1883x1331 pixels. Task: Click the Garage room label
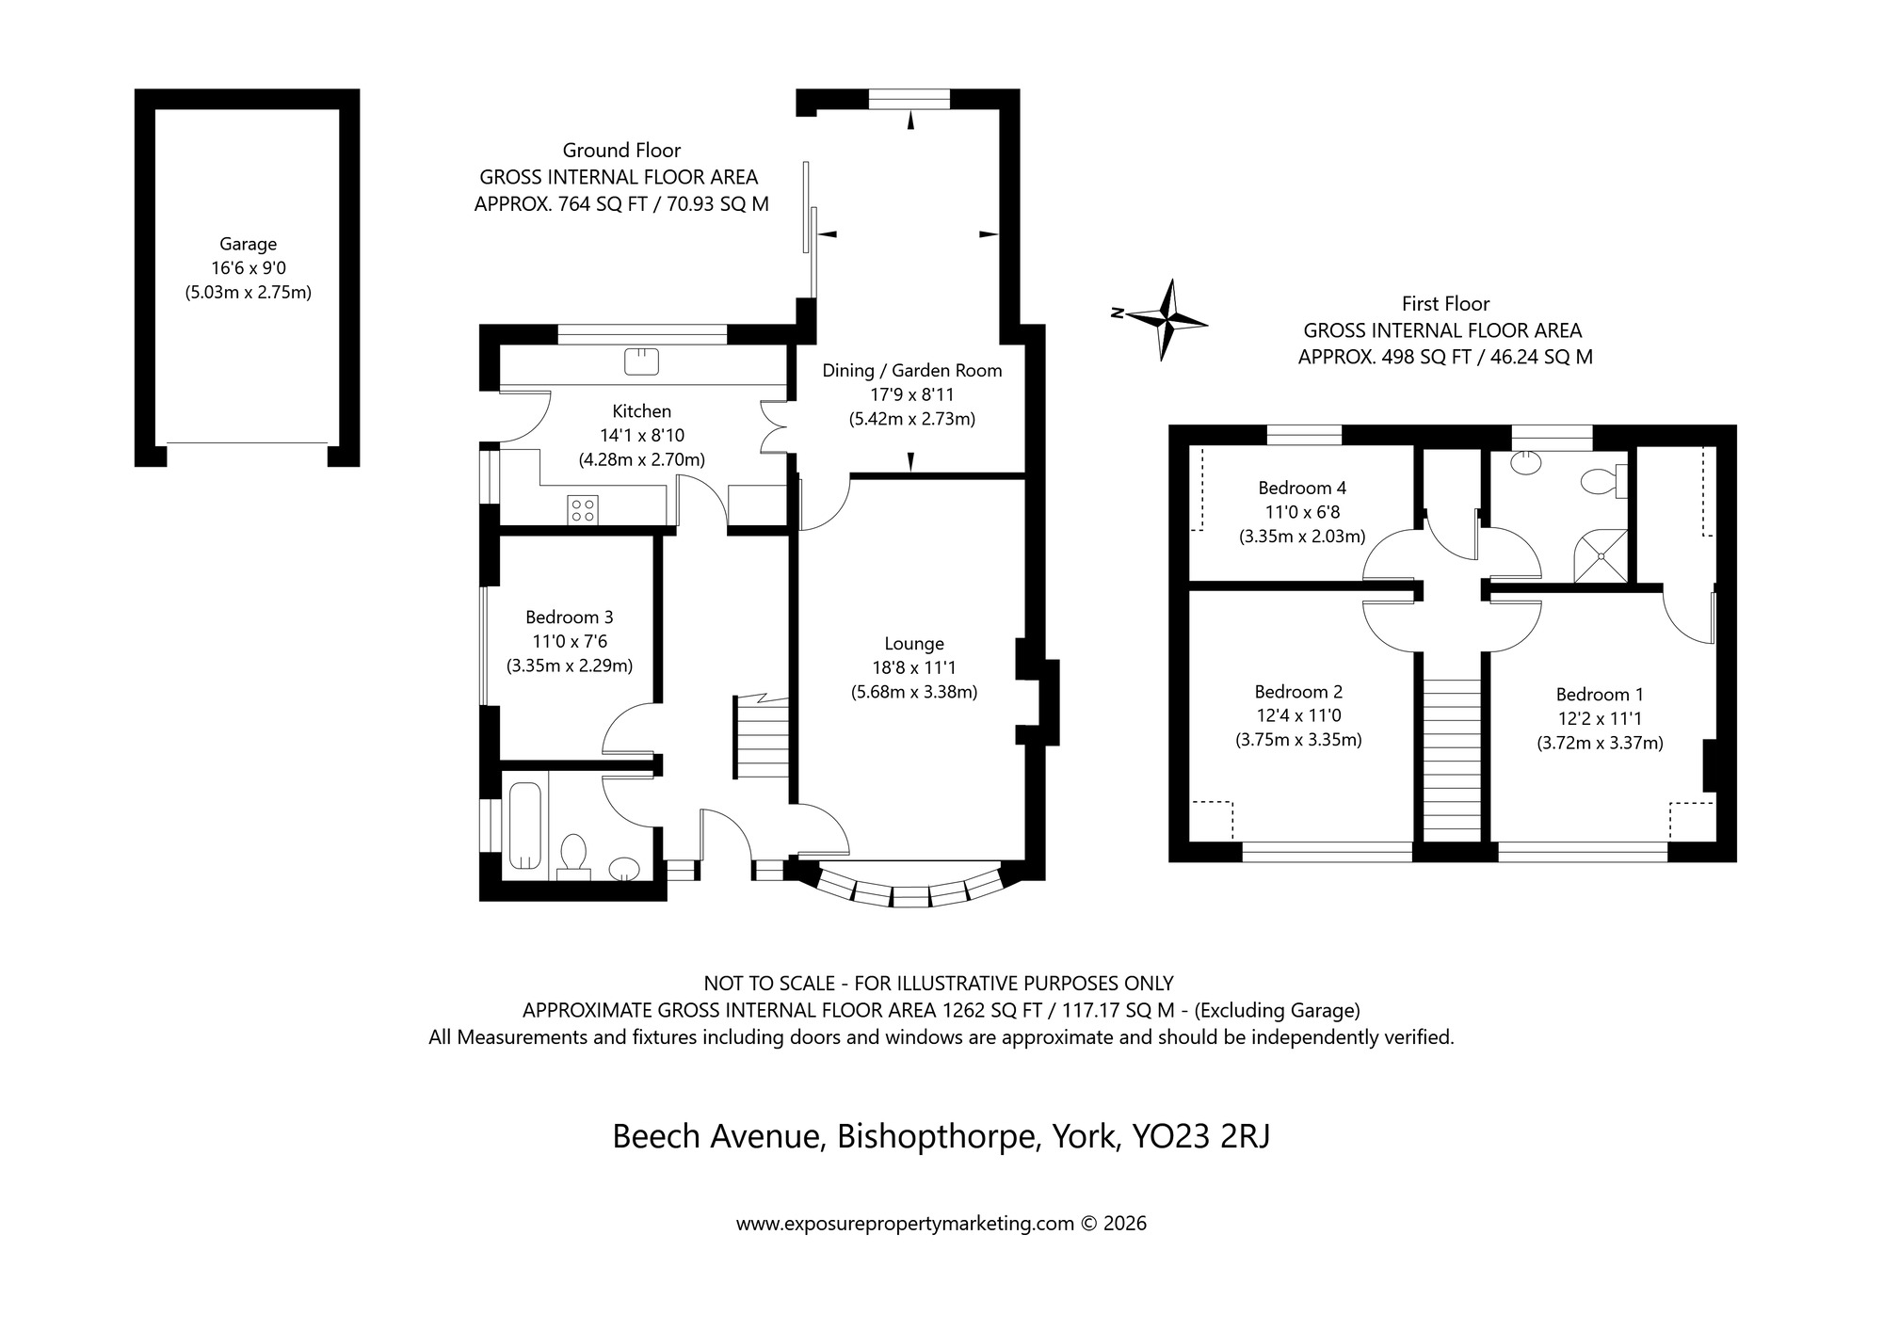pyautogui.click(x=249, y=245)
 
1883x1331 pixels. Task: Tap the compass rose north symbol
pyautogui.click(x=1167, y=320)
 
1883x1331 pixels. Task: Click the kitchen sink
pyautogui.click(x=641, y=360)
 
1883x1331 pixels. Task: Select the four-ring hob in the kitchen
pyautogui.click(x=582, y=509)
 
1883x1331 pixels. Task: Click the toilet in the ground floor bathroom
pyautogui.click(x=572, y=855)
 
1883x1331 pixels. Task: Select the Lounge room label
pyautogui.click(x=913, y=644)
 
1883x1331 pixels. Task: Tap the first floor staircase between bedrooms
pyautogui.click(x=1451, y=761)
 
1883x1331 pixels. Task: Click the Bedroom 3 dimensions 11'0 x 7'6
pyautogui.click(x=569, y=642)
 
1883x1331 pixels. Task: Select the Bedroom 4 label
pyautogui.click(x=1301, y=488)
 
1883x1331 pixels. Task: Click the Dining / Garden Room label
pyautogui.click(x=911, y=371)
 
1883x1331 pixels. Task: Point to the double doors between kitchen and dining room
pyautogui.click(x=774, y=428)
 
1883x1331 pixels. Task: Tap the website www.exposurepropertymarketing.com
pyautogui.click(x=905, y=1224)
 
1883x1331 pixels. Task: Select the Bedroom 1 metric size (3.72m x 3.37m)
pyautogui.click(x=1600, y=743)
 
